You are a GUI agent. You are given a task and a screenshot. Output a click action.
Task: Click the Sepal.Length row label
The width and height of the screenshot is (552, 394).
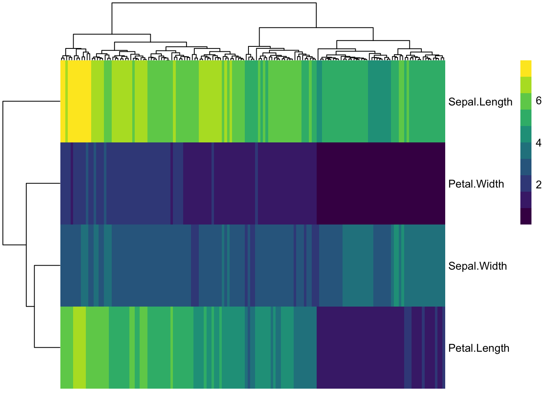pos(480,102)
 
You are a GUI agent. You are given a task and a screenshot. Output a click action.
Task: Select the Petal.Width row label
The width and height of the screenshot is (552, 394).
pos(476,184)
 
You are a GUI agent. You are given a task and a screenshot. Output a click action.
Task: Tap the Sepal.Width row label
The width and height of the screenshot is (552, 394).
pos(477,266)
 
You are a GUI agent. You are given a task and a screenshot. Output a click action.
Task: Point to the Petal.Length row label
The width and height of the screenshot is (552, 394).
pos(478,348)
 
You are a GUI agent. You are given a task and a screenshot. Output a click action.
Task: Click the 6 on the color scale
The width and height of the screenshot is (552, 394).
pos(538,101)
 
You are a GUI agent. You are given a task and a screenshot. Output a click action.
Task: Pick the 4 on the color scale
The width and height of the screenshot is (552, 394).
pos(538,143)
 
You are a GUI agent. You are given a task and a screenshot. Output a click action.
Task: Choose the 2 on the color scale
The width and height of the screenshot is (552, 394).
pos(538,185)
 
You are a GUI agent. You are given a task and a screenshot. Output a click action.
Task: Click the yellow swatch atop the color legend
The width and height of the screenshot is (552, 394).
pos(526,69)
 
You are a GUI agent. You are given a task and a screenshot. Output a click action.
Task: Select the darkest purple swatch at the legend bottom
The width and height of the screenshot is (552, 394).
pos(526,216)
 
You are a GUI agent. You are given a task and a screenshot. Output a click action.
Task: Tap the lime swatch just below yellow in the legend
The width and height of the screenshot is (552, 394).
pos(526,85)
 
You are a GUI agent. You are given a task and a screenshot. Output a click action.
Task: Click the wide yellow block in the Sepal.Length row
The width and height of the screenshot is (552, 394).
pos(79,101)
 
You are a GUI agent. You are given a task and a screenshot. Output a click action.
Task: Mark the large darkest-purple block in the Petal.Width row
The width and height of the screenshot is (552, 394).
pos(381,183)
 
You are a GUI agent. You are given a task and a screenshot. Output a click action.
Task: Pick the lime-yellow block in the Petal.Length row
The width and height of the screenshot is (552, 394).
pos(79,348)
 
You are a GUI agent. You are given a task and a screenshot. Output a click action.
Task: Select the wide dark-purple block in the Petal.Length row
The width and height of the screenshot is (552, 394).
pos(360,348)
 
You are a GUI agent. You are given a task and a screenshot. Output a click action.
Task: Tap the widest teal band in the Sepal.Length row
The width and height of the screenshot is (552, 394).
pos(379,101)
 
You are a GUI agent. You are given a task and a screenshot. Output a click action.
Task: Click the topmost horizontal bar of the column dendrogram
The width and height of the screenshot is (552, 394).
pos(214,3)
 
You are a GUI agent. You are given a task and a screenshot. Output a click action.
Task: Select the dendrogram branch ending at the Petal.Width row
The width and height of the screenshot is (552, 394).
pos(43,183)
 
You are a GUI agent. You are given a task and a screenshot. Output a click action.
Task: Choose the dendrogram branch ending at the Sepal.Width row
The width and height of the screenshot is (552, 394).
pos(47,266)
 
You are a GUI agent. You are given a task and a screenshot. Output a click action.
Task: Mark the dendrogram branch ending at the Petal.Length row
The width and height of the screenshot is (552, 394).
pos(47,348)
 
